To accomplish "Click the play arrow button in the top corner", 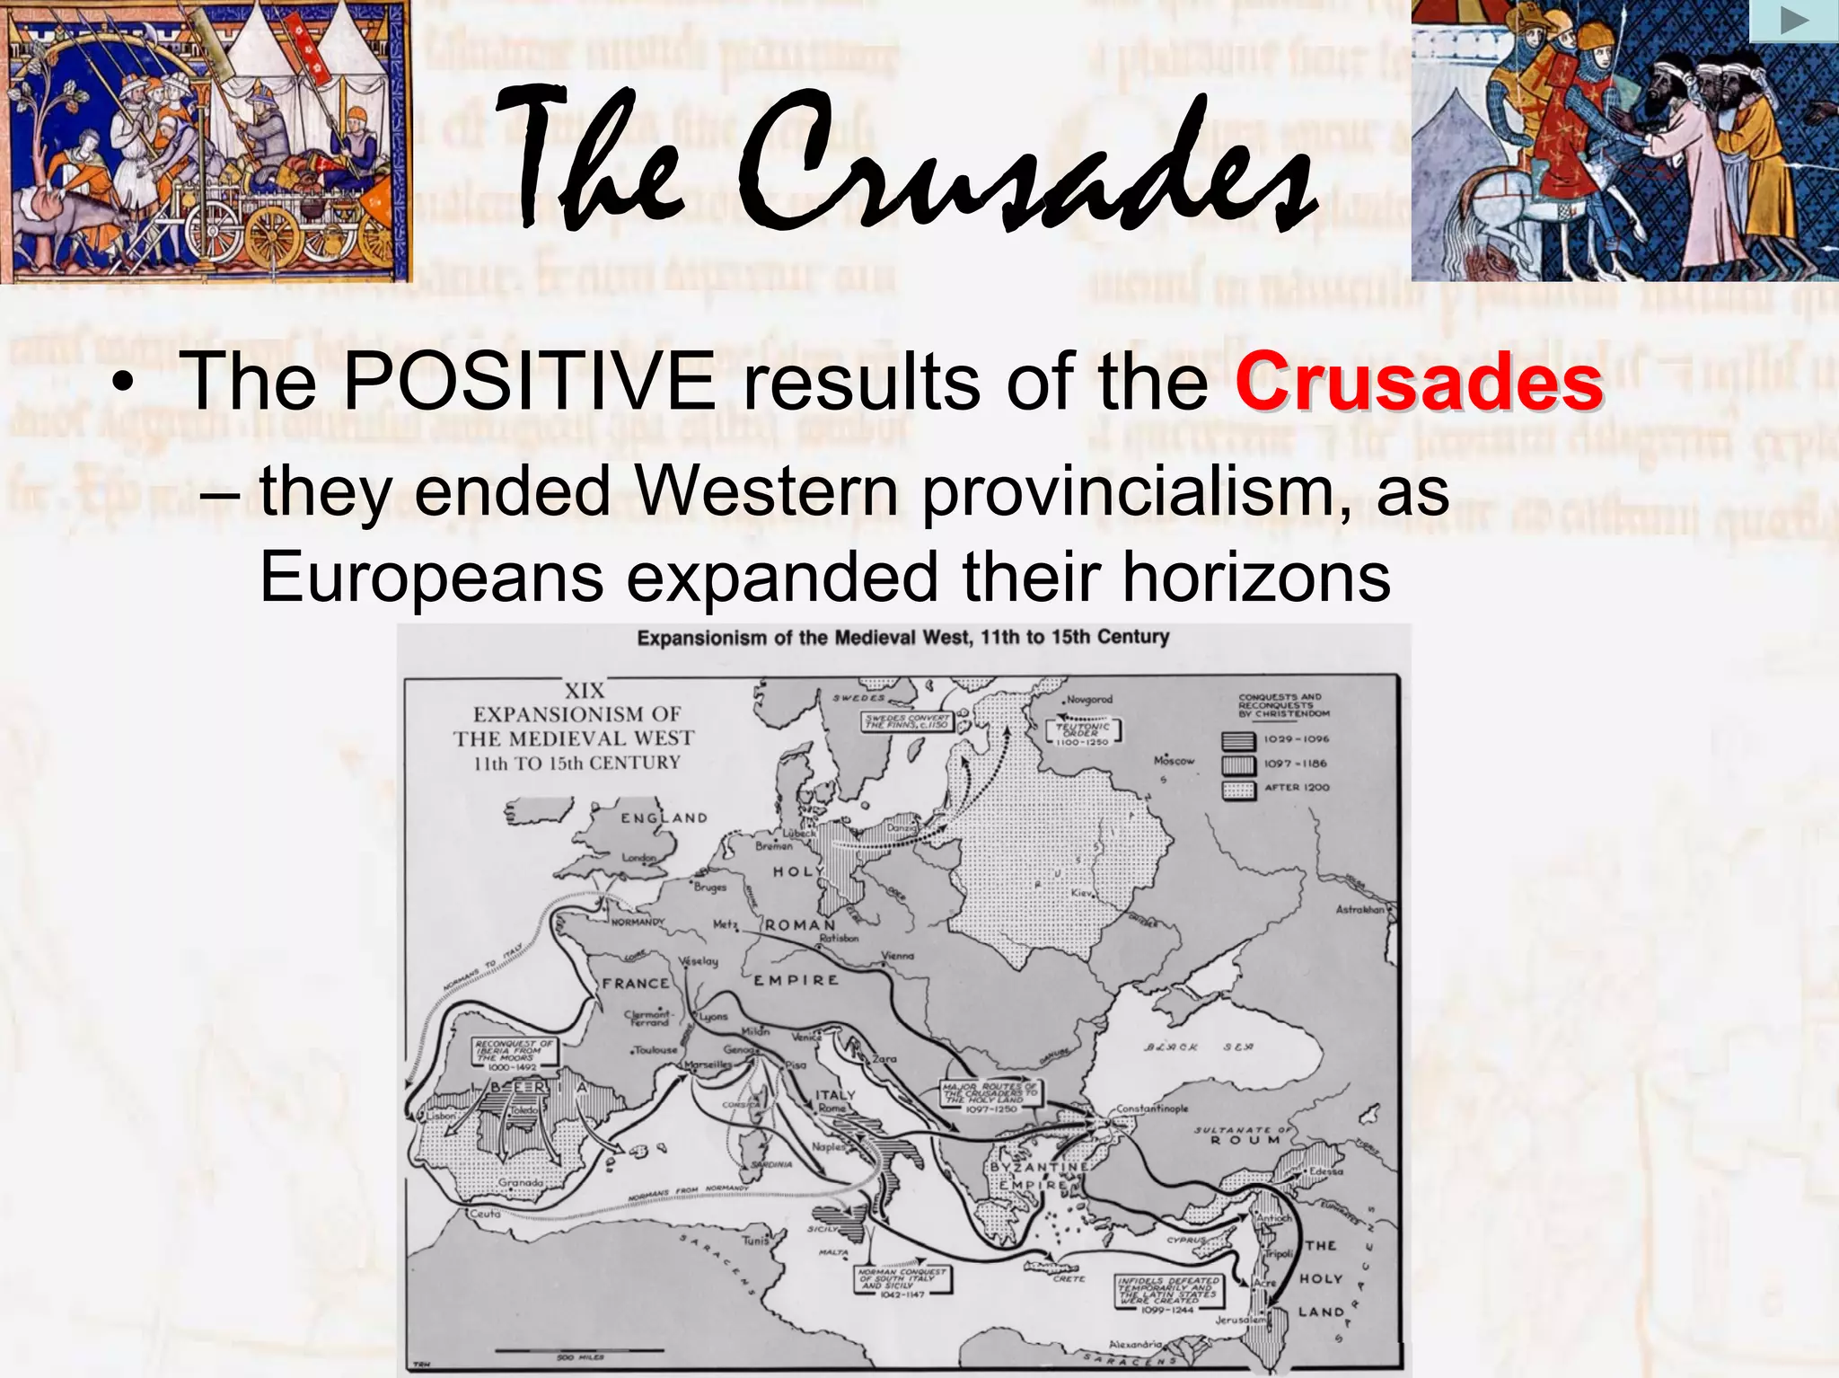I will point(1793,21).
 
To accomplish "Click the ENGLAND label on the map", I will point(664,817).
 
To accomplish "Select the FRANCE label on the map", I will point(636,983).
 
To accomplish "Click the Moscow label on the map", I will point(1174,761).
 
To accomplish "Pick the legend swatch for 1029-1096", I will point(1238,741).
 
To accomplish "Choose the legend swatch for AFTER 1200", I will point(1238,790).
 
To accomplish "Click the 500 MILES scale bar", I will point(579,1350).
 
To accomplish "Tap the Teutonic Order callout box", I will point(1083,732).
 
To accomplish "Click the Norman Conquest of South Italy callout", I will point(902,1280).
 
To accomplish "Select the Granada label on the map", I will point(521,1182).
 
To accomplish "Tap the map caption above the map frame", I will point(902,638).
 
